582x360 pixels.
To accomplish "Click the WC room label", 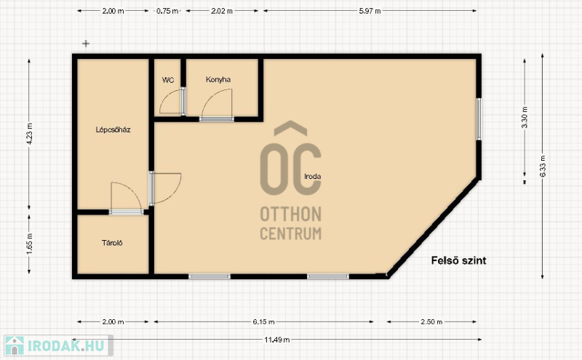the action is click(168, 80).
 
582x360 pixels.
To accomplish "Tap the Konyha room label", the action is click(218, 79).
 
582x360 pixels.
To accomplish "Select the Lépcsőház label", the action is click(113, 129).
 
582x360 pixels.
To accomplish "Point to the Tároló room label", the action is click(112, 243).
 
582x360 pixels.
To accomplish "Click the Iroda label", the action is click(313, 177).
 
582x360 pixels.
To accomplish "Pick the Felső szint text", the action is click(459, 260).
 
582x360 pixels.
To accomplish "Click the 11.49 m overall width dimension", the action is click(277, 340).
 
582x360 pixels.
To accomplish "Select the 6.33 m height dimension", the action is click(543, 166).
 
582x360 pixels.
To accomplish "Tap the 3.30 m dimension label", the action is click(525, 117).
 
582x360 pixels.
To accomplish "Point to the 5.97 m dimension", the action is click(370, 11).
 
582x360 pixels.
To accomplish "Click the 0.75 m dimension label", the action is click(167, 11).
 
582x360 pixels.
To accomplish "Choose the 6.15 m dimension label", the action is click(264, 321).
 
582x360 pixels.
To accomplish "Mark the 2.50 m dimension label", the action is click(431, 321).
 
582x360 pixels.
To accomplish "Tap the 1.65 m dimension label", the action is click(30, 244).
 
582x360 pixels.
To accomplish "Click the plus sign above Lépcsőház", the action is click(86, 44).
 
